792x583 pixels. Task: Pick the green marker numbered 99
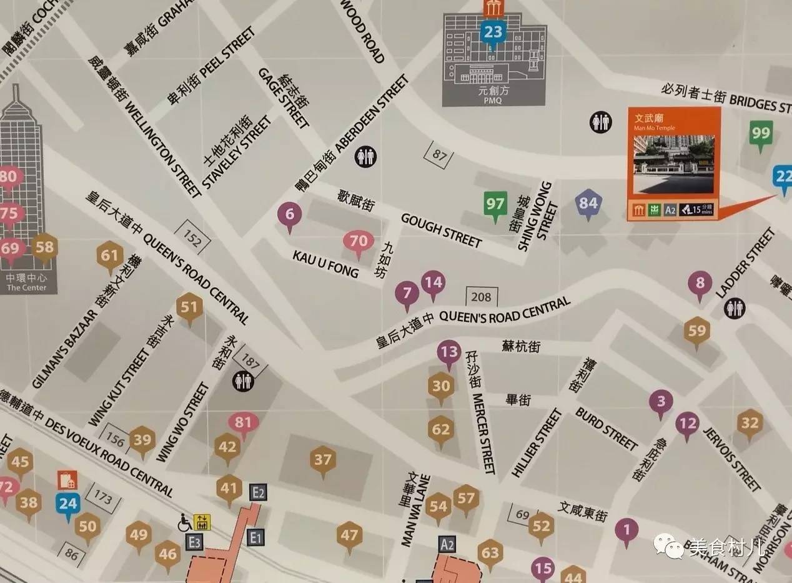pos(761,134)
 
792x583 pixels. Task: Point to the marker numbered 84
pos(588,204)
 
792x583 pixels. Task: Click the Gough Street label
pos(441,229)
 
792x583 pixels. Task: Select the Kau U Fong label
pos(325,264)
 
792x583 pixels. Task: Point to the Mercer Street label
pos(484,433)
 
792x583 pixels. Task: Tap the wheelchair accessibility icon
pos(186,522)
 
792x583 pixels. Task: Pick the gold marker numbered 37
pos(323,461)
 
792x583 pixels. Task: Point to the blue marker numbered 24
pos(67,504)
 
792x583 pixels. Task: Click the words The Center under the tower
pos(26,287)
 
